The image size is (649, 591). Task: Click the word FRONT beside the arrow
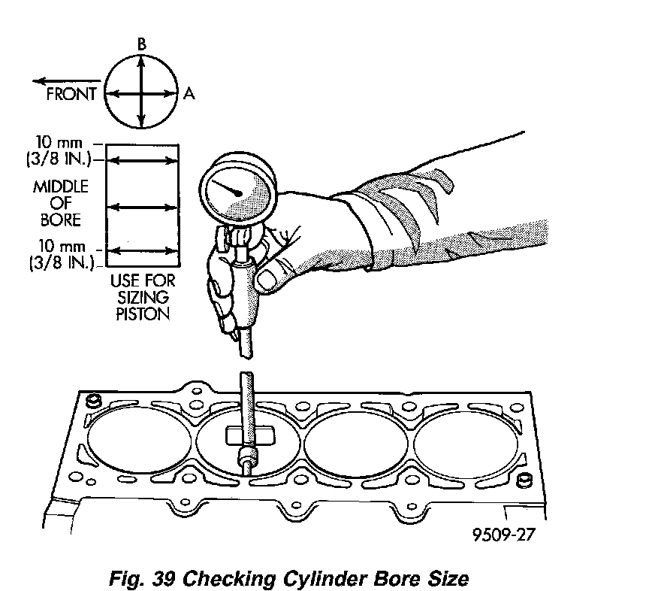pyautogui.click(x=71, y=94)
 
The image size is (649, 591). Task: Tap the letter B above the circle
pyautogui.click(x=141, y=46)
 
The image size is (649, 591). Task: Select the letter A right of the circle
pyautogui.click(x=189, y=94)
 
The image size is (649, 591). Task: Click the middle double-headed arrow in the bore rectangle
pyautogui.click(x=142, y=205)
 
